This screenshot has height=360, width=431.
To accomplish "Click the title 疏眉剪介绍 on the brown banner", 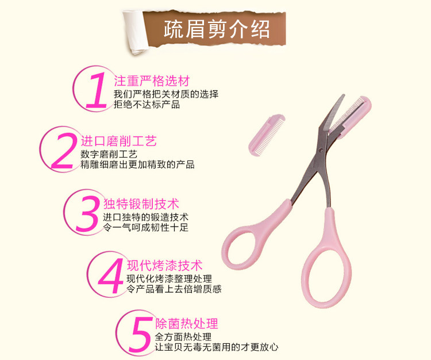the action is click(x=217, y=29).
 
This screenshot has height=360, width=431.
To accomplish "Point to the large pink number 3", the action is click(x=87, y=214).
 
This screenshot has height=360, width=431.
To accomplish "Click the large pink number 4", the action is click(x=111, y=276).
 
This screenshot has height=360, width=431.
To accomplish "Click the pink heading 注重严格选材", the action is click(x=152, y=81).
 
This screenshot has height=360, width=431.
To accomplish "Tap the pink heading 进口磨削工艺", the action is click(x=118, y=141).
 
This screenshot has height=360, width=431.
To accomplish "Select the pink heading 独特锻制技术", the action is click(x=141, y=204).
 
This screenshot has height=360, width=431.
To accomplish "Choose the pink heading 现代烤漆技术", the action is click(x=165, y=265).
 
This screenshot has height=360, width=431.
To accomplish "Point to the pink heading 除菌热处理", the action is click(x=187, y=324).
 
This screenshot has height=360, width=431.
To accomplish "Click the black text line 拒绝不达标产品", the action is click(x=147, y=105).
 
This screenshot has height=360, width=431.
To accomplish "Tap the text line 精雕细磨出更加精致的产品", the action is click(x=137, y=164).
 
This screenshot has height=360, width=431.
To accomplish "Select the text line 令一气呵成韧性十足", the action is click(x=146, y=227).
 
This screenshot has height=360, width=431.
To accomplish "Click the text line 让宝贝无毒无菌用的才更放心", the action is click(x=217, y=347).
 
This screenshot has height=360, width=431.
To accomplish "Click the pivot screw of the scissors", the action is click(x=321, y=150).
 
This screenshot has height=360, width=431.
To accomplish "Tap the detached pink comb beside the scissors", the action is click(x=266, y=135).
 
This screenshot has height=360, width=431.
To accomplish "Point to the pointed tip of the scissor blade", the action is click(x=344, y=95).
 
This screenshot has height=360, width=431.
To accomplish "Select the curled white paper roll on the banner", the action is click(x=136, y=32).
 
